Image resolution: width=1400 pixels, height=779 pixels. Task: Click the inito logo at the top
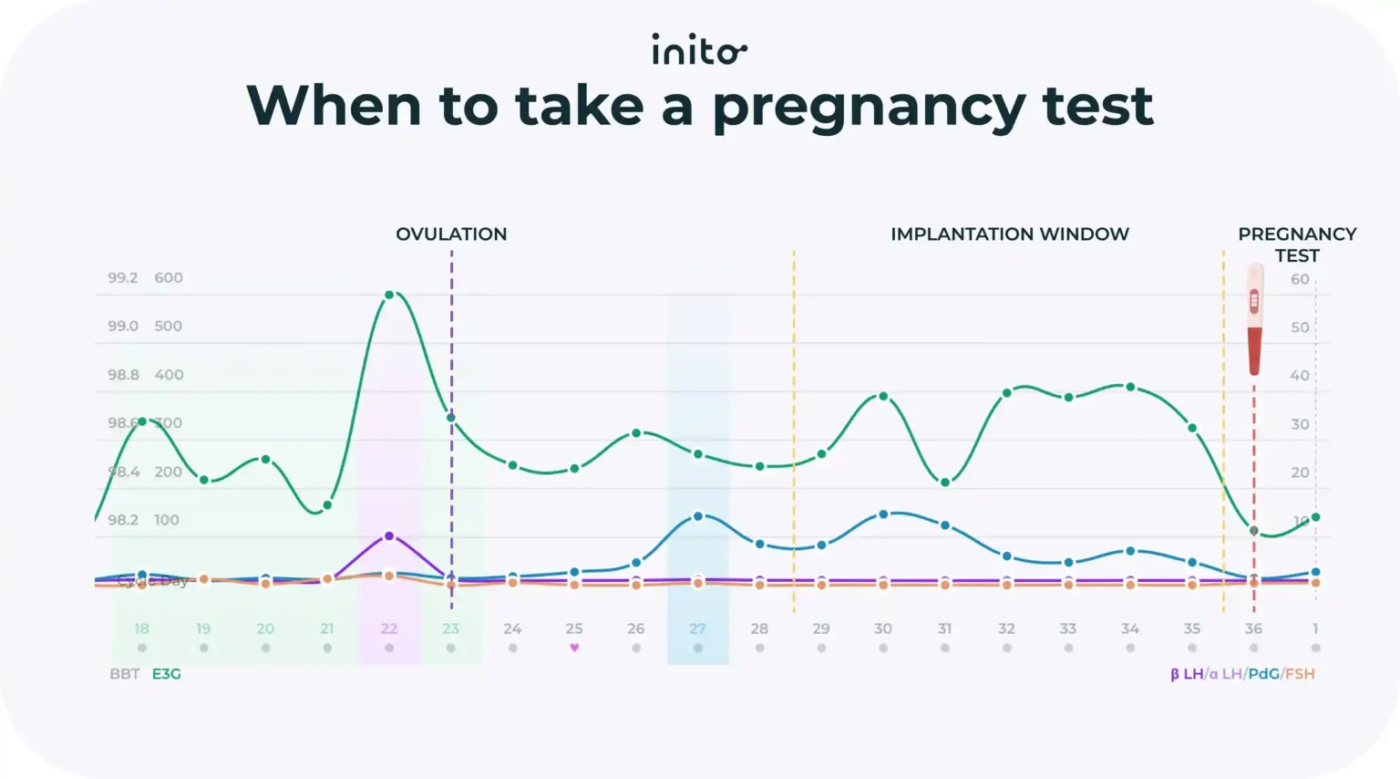coord(699,49)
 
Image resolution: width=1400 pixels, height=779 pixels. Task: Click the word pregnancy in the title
coord(869,108)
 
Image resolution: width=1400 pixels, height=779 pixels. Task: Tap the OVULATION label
coord(451,234)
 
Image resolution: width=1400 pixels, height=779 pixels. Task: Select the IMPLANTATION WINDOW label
coord(1009,234)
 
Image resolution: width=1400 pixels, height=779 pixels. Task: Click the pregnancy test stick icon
coord(1255,319)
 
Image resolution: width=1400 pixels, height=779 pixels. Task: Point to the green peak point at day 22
coord(389,295)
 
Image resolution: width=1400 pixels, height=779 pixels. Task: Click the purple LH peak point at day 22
coord(389,536)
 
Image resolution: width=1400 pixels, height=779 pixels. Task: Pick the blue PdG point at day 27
coord(698,516)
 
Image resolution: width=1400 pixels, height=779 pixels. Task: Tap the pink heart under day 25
coord(574,648)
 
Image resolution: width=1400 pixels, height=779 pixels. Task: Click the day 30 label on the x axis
coord(882,628)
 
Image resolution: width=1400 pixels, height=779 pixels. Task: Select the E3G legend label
coord(166,674)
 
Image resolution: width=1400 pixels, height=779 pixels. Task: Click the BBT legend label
coord(125,674)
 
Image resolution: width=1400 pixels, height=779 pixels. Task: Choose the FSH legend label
coord(1300,674)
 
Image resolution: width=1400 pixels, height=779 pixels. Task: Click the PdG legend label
coord(1263,674)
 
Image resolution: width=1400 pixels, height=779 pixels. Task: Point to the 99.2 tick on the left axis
coord(123,277)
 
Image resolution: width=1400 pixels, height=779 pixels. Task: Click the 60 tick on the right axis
coord(1300,279)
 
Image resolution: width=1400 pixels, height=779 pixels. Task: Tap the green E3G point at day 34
coord(1130,387)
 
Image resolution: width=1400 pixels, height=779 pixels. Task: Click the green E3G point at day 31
coord(945,483)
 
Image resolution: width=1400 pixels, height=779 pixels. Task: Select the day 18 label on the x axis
coord(141,628)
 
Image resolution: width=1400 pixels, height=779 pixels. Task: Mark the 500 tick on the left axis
coord(168,326)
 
